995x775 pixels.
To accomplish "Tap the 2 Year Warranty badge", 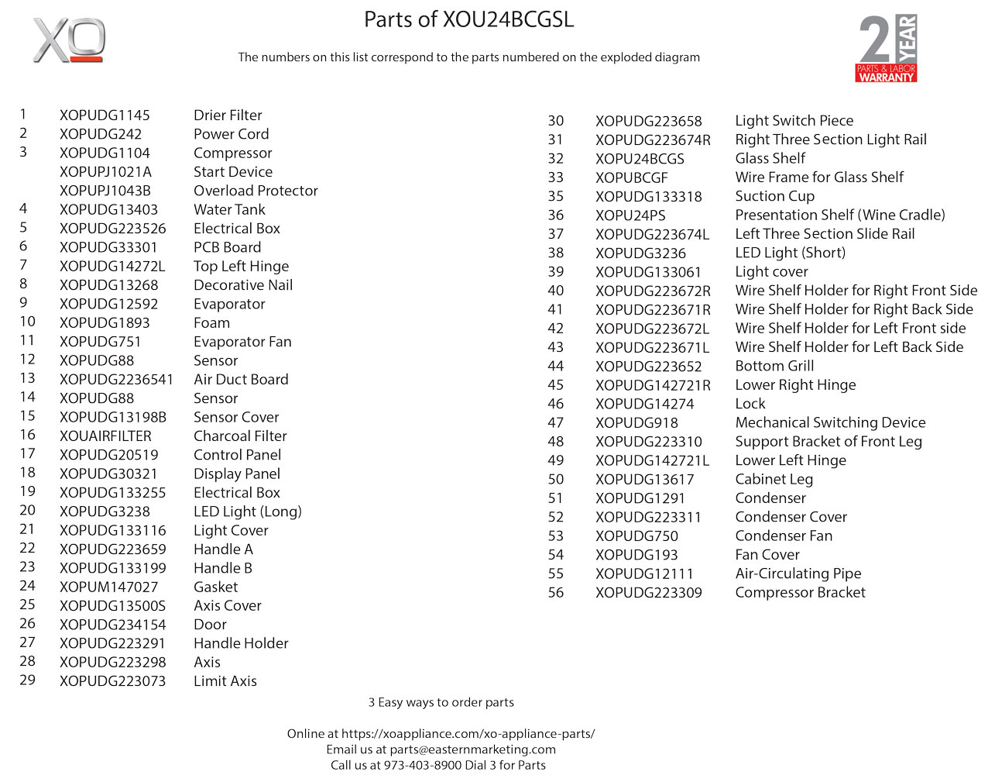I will (887, 48).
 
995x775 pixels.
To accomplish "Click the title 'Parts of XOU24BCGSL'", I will (468, 19).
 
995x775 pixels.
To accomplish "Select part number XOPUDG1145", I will (105, 115).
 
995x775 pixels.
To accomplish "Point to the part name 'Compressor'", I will (232, 153).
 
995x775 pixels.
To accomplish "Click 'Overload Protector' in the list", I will (256, 191).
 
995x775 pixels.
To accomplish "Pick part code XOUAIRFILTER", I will (105, 436).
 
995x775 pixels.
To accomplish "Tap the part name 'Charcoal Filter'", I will (240, 436).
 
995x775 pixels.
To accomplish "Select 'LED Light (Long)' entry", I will (247, 511).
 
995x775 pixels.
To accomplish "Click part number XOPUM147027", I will (108, 587).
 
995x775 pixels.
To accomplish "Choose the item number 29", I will (28, 680).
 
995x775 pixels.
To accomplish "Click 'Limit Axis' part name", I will (225, 681).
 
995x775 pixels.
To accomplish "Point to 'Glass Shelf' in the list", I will (770, 159).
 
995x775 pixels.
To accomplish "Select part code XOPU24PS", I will (630, 215).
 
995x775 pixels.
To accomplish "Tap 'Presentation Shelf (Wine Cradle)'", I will (839, 215).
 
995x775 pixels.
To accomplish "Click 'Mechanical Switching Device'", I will (830, 423).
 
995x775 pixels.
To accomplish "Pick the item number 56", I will (556, 593).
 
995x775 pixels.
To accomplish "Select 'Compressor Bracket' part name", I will (800, 593).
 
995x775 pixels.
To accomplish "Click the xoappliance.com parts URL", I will (468, 733).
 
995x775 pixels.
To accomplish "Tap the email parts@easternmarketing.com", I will (472, 749).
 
